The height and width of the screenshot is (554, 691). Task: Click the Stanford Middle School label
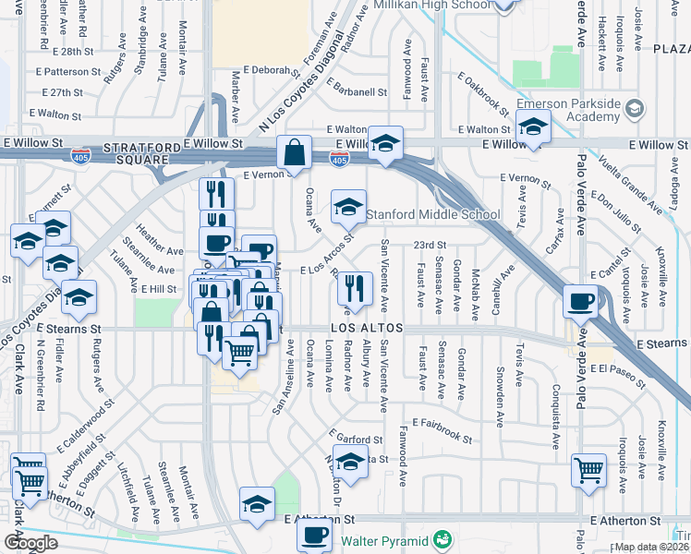coord(433,215)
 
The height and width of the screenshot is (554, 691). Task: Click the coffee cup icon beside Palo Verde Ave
coord(582,300)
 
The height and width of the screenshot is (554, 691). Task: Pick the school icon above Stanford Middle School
coord(386,142)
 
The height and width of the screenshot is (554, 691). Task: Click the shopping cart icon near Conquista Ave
coord(588,470)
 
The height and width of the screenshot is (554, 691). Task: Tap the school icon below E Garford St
coord(350,462)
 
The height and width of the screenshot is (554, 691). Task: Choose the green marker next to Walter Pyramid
coord(443,538)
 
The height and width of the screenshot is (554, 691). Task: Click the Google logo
coord(30,543)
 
